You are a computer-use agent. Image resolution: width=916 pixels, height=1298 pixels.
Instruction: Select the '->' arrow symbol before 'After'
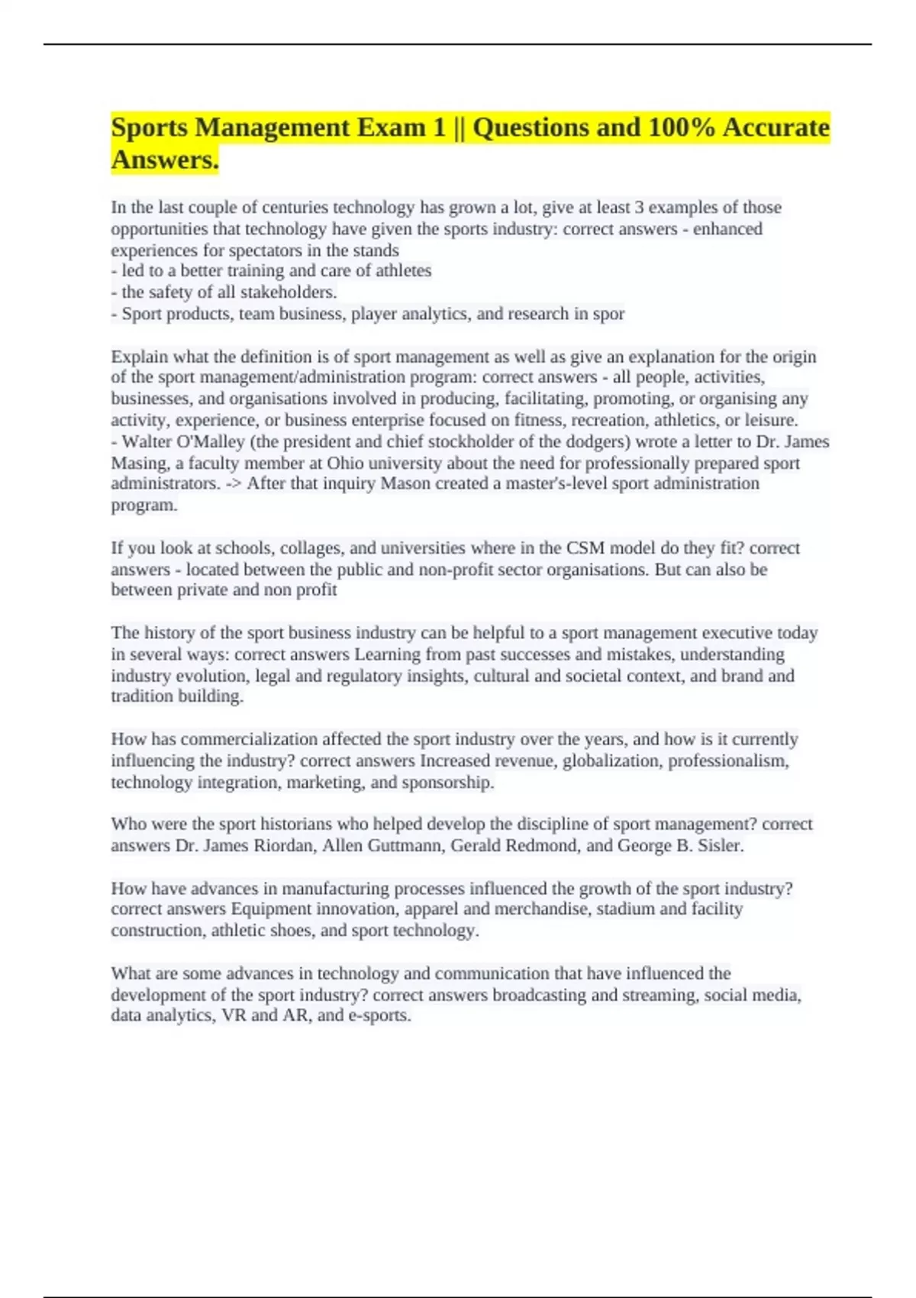[233, 484]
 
